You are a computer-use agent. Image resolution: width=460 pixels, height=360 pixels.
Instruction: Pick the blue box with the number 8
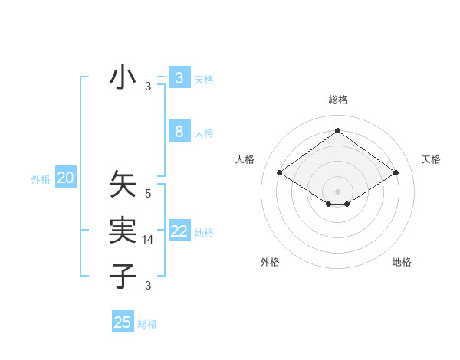coord(179,132)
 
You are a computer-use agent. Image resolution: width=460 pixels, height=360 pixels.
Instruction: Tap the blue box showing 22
coord(179,231)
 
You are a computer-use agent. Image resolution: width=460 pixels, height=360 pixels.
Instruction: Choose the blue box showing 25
coord(123,322)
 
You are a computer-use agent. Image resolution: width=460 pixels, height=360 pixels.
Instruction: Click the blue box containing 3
coord(179,78)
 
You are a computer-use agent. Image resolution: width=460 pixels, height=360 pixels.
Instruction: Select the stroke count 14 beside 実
coord(148,241)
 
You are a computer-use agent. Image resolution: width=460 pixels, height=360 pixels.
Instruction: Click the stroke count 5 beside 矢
coord(148,194)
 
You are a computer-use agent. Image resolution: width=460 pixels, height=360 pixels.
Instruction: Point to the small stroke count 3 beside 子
coord(148,286)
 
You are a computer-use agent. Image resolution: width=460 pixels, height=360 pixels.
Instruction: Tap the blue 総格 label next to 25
coord(148,324)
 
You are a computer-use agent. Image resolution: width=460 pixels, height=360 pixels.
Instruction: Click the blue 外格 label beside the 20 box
coord(41,179)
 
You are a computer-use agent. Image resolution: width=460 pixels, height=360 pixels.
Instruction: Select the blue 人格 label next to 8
coord(204,133)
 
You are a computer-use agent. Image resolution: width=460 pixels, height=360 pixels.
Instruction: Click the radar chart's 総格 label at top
coord(337,100)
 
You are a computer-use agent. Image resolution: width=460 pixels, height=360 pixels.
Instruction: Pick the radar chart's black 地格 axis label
coord(402,262)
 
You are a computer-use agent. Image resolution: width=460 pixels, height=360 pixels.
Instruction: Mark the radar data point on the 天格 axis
coord(396,173)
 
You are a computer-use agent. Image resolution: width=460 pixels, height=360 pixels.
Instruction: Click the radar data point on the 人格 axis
coord(280,173)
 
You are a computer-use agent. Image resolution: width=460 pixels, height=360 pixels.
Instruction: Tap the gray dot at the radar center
coord(337,191)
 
